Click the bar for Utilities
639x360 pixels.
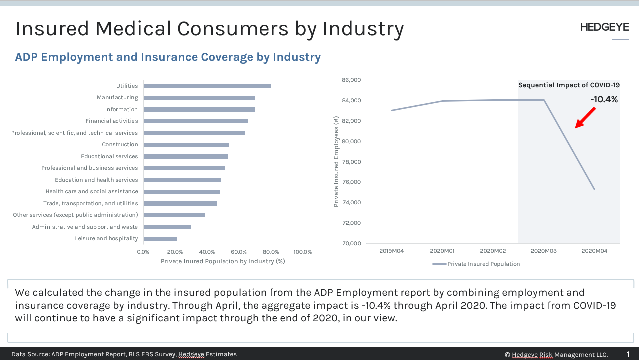tap(207, 86)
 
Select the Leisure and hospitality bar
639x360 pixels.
tap(160, 239)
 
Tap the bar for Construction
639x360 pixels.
tap(186, 145)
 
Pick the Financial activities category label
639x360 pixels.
tap(111, 121)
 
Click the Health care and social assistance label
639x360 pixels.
tap(91, 192)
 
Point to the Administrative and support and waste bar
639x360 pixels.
tap(167, 227)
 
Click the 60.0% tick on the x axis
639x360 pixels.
tap(239, 252)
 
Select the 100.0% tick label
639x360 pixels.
tap(302, 252)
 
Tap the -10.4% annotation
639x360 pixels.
tap(604, 99)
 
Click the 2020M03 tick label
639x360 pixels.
tap(544, 251)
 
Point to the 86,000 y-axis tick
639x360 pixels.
tap(351, 80)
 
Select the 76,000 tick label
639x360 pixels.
tap(351, 182)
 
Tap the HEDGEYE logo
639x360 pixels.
tap(604, 28)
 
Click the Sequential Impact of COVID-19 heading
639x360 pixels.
tap(569, 85)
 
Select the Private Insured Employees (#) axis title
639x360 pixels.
tap(336, 161)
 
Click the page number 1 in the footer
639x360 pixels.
tap(628, 354)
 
